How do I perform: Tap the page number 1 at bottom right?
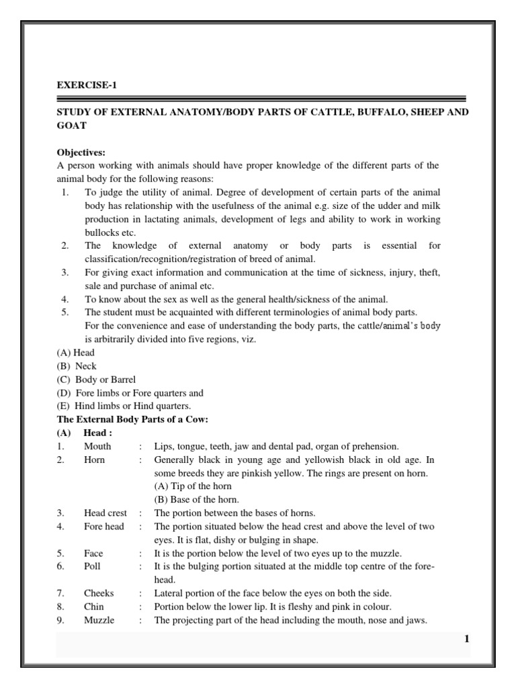(466, 639)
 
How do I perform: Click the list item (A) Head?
(75, 353)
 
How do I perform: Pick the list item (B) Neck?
(77, 366)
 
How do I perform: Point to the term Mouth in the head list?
(97, 446)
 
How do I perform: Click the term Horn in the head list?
(94, 460)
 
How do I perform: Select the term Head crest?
(105, 513)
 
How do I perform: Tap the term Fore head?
(103, 526)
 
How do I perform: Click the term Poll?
(92, 566)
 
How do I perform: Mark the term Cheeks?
(99, 593)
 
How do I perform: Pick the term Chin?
(93, 607)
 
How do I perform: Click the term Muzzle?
(99, 620)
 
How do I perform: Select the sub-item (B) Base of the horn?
(196, 499)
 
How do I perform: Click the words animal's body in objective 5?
(412, 326)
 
